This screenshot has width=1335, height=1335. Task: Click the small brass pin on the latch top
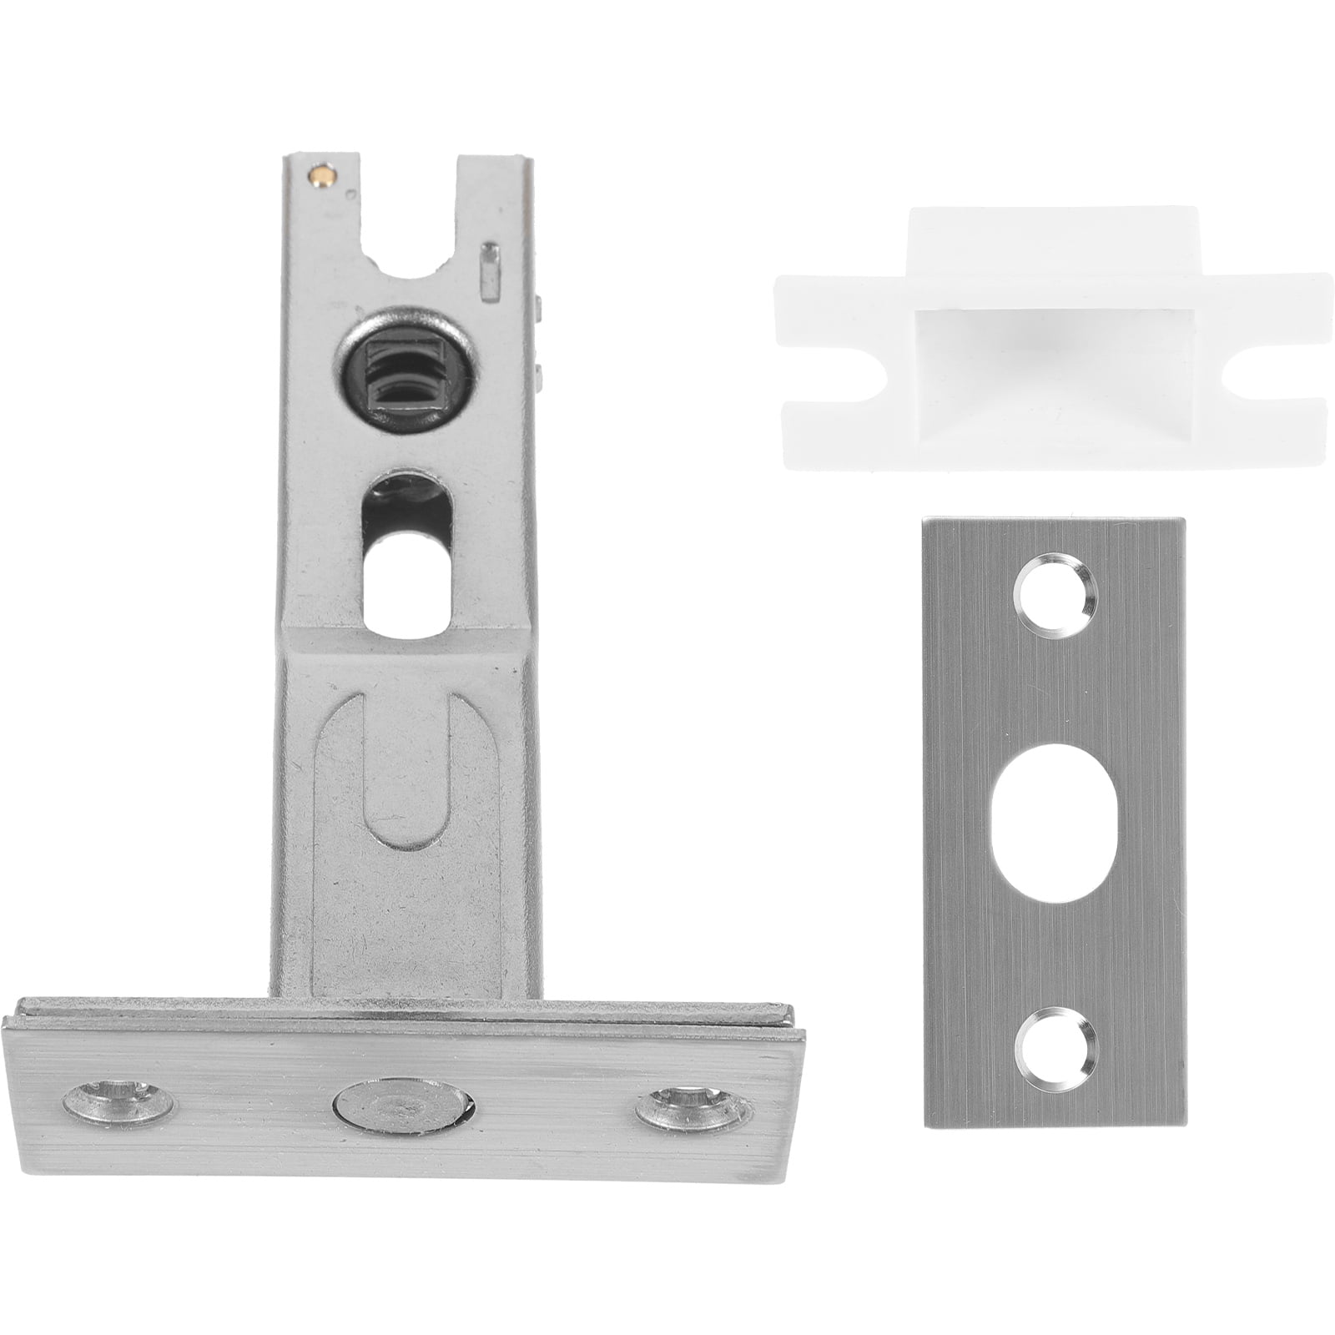point(320,175)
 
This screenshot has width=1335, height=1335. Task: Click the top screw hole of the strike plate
point(1054,596)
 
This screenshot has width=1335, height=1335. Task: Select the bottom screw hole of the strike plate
point(1054,1047)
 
